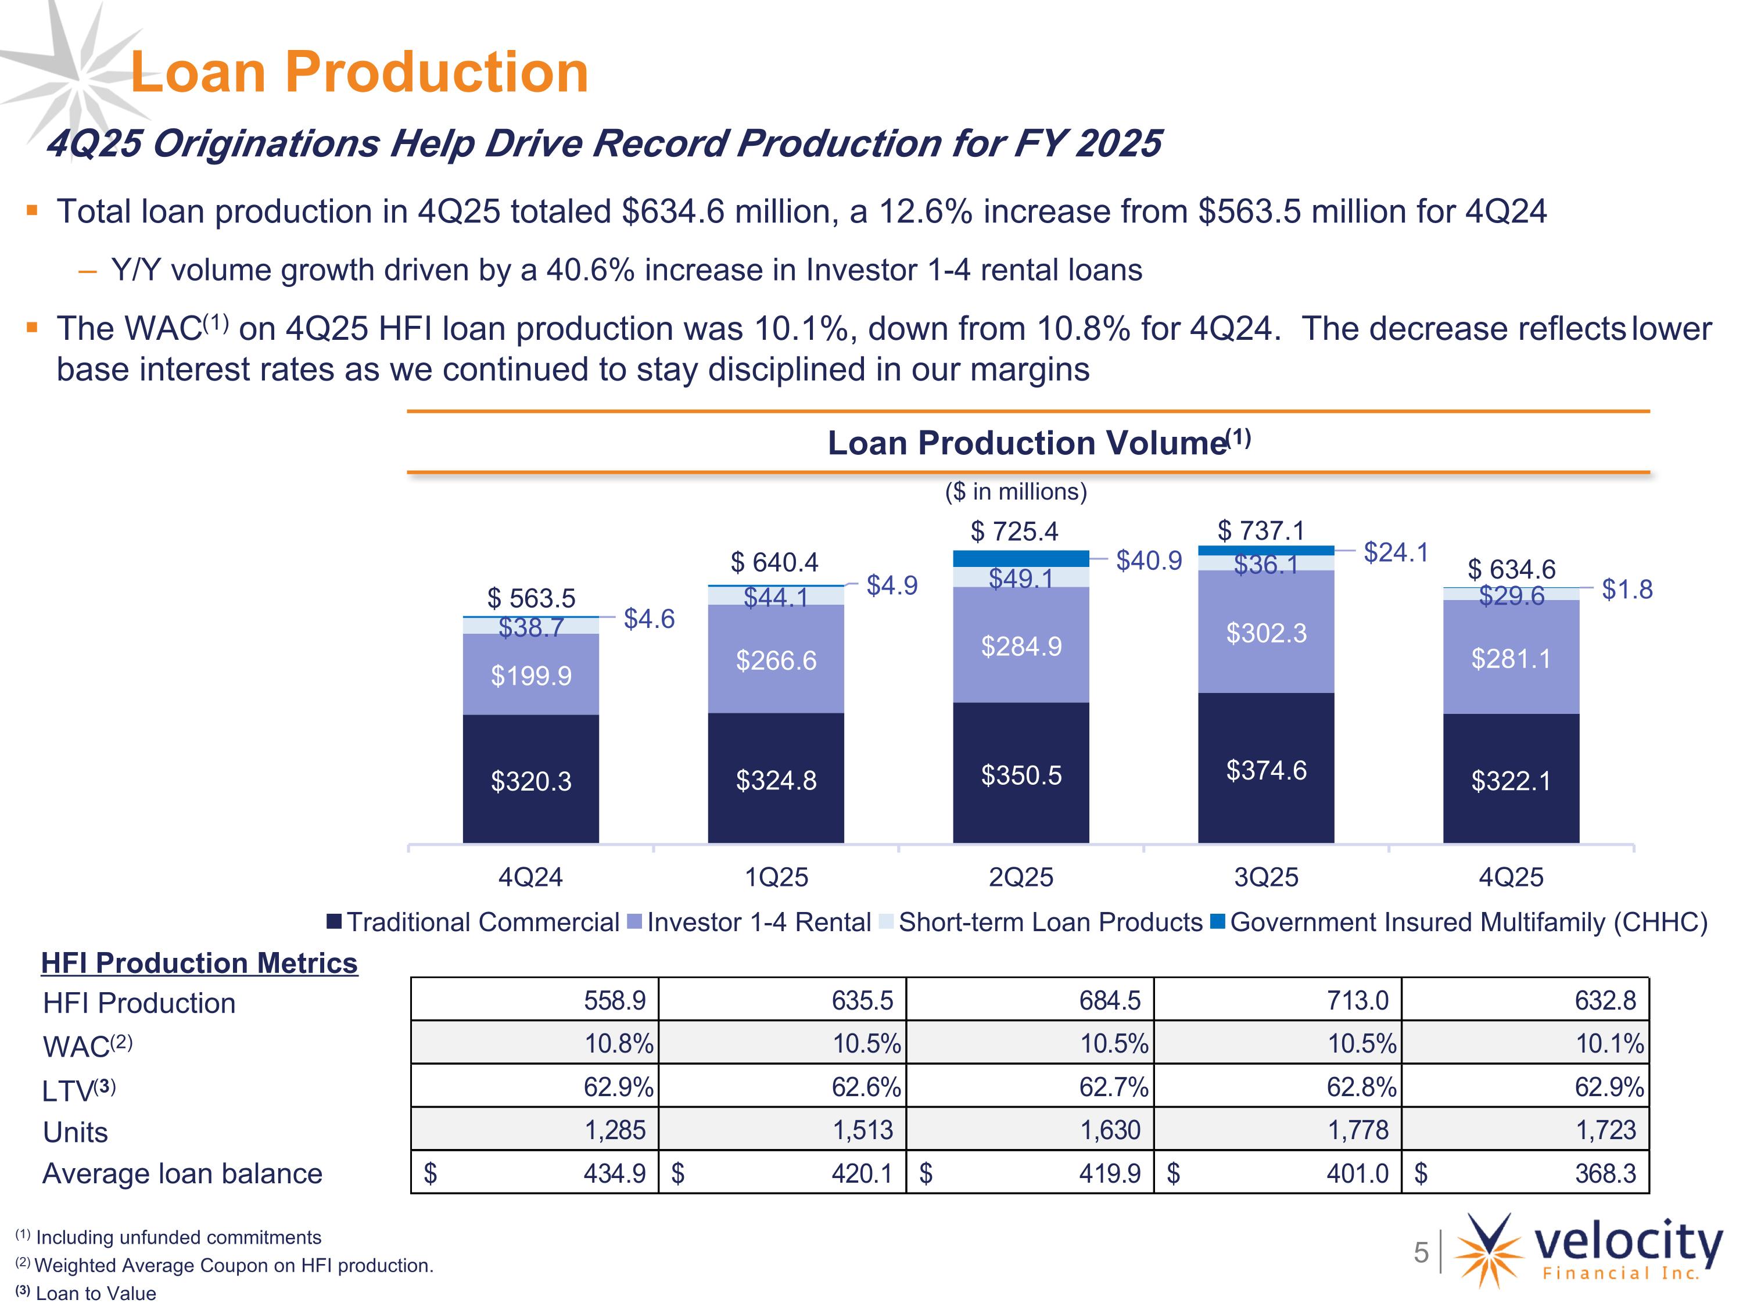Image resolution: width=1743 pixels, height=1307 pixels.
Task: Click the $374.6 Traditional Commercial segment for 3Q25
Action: (1265, 768)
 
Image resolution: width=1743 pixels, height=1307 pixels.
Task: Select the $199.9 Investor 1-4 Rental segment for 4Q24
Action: (530, 674)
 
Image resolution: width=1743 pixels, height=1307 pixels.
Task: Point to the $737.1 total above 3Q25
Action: (1261, 530)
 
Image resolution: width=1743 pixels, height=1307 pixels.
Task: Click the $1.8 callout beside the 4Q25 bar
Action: (1627, 589)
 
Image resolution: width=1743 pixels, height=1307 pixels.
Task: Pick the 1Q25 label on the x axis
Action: (776, 877)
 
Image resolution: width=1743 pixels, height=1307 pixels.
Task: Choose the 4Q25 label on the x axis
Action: (1511, 877)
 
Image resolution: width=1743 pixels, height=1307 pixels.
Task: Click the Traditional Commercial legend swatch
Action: (334, 922)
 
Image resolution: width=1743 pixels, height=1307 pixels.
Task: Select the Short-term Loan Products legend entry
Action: (1041, 922)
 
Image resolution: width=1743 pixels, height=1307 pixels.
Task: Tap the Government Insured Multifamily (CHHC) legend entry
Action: (1458, 922)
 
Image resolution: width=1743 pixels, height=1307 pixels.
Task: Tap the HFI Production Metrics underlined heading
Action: (199, 963)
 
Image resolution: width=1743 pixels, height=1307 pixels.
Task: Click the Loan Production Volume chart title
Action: (1039, 443)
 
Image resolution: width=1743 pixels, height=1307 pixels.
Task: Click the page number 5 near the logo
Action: (1421, 1252)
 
